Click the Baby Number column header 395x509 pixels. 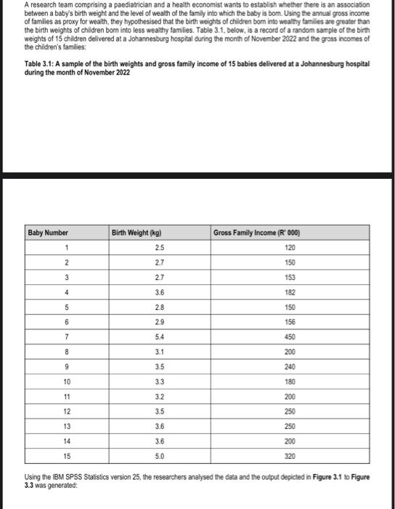click(x=48, y=233)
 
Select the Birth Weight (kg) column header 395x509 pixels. click(x=137, y=233)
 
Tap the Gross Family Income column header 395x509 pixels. click(x=257, y=233)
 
